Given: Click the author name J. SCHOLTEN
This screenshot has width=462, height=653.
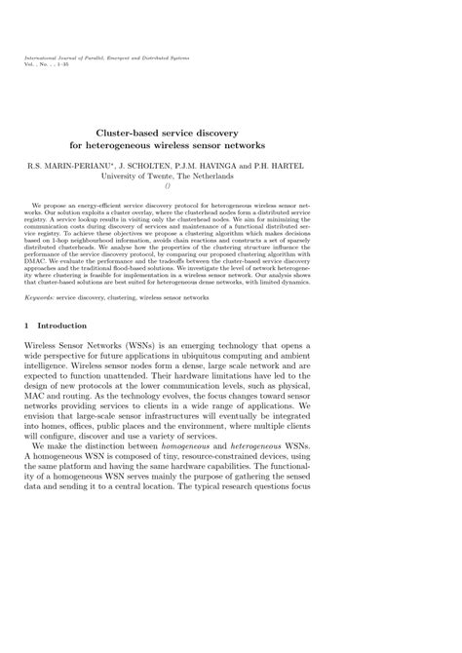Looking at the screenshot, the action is (x=168, y=167).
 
